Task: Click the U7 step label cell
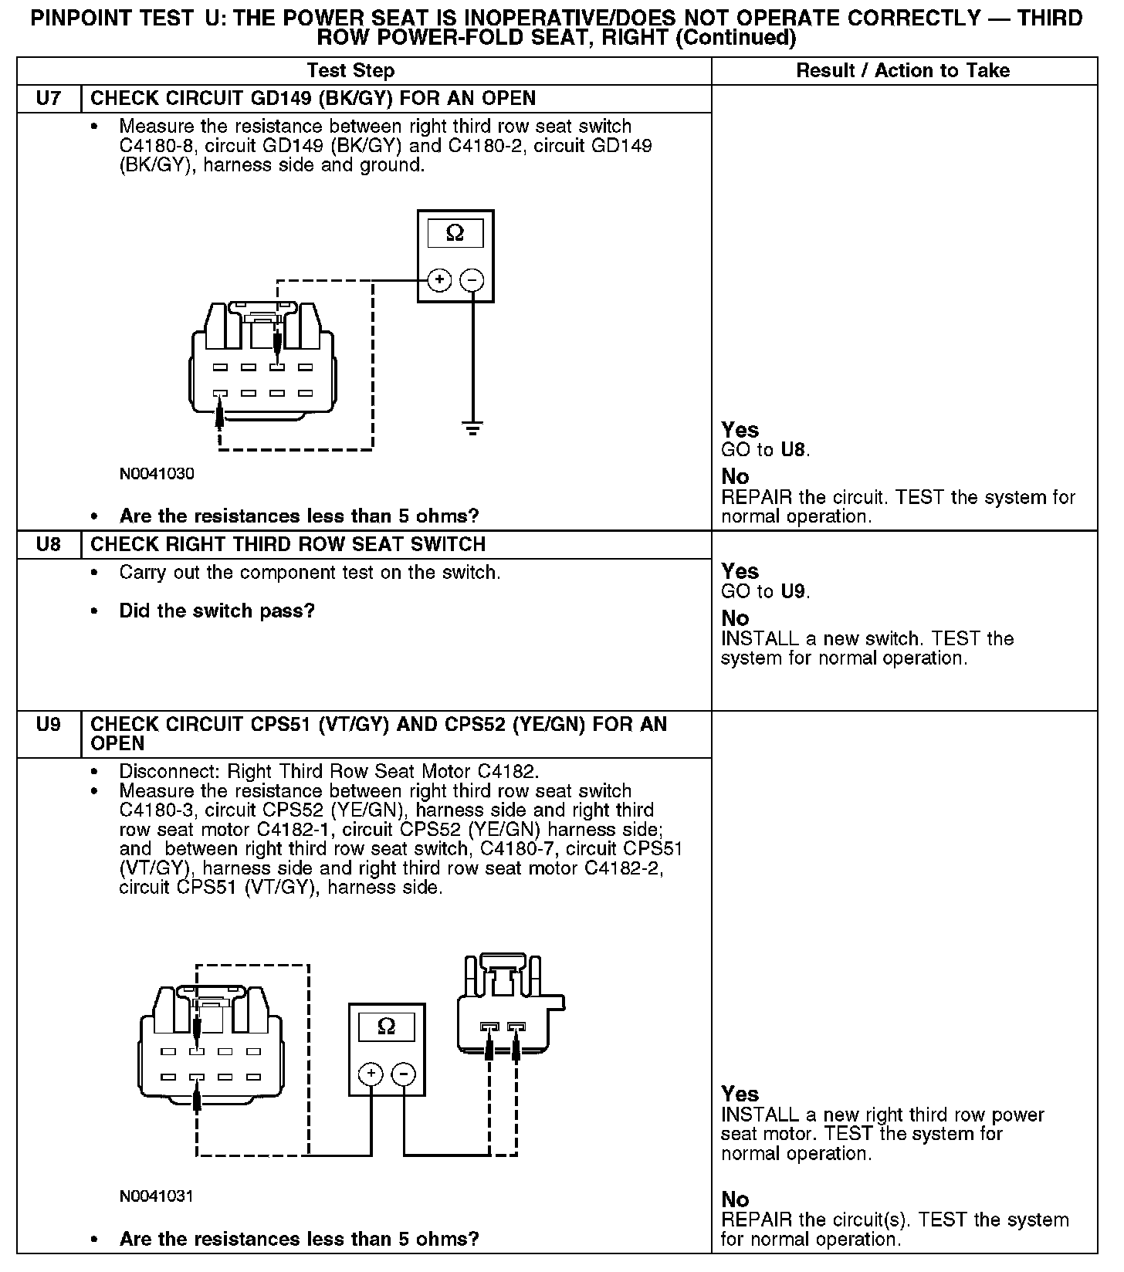pos(49,99)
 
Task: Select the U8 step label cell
pos(49,545)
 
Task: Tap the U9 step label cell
pos(49,725)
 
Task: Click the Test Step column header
pos(350,71)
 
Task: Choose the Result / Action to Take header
pos(902,71)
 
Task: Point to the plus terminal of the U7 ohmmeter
pos(439,279)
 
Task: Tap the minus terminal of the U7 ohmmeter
pos(472,279)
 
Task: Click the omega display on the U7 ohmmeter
pos(455,233)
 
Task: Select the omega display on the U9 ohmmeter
pos(387,1027)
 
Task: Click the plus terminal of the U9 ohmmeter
pos(371,1074)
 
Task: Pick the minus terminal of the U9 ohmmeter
pos(403,1074)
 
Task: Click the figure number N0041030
pos(157,474)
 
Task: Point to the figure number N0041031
pos(157,1196)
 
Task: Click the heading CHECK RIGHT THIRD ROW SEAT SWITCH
pos(288,545)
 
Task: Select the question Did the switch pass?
pos(217,611)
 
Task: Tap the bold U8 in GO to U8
pos(793,450)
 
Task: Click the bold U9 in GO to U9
pos(793,592)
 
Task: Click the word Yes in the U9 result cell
pos(740,1094)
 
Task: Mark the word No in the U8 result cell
pos(735,618)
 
